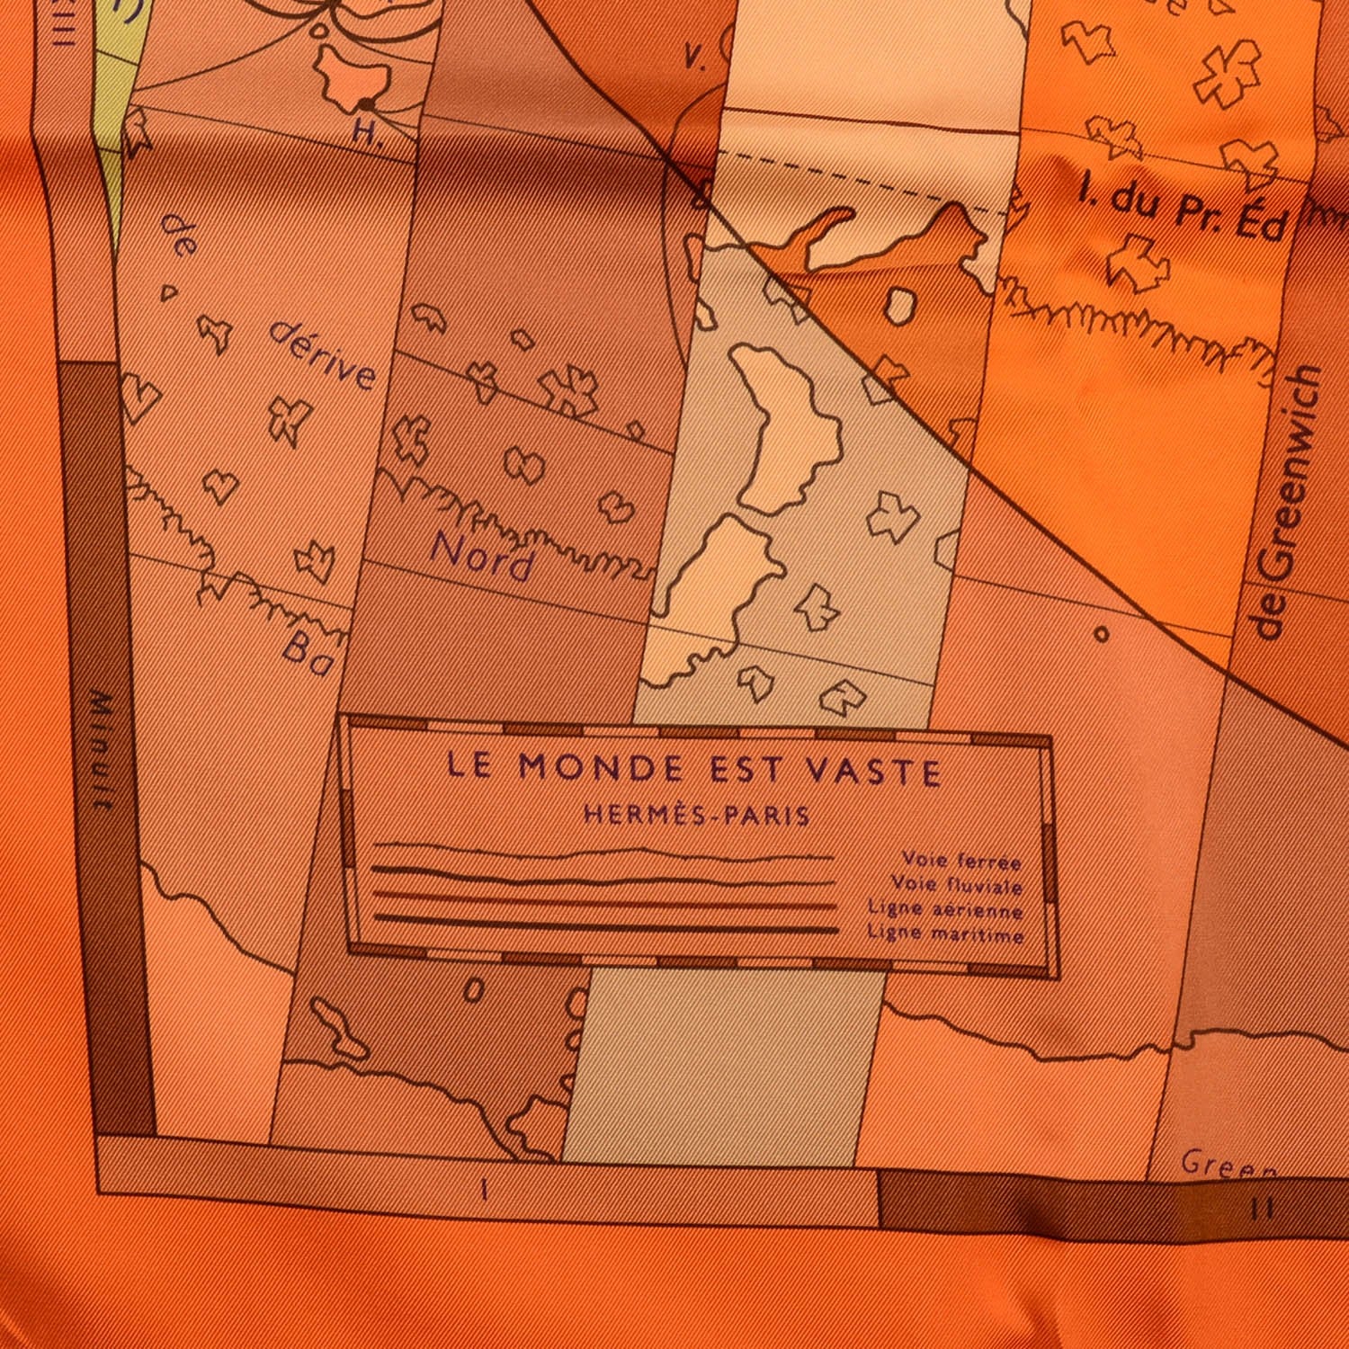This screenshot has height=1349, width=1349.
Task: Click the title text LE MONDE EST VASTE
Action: (693, 771)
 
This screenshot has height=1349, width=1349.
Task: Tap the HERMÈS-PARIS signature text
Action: (697, 816)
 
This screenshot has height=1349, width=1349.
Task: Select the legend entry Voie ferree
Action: (962, 862)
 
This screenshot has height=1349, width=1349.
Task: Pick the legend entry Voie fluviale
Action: (957, 887)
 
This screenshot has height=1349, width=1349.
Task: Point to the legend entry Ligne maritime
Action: (945, 934)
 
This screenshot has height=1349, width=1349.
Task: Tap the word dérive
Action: (322, 357)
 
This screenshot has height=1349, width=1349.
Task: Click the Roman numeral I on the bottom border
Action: (485, 1190)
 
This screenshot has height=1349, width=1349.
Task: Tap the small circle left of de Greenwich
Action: (1102, 634)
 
